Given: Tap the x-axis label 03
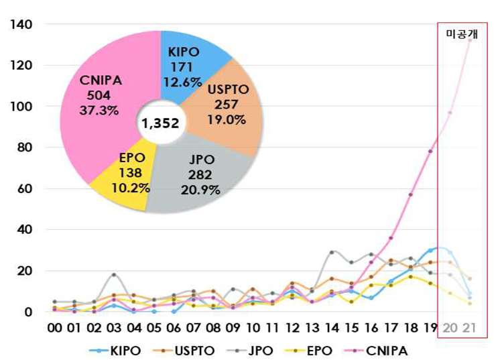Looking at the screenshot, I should tap(114, 329).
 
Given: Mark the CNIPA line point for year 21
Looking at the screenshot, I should tap(470, 40).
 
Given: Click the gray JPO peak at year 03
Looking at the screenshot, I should tap(114, 275).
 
